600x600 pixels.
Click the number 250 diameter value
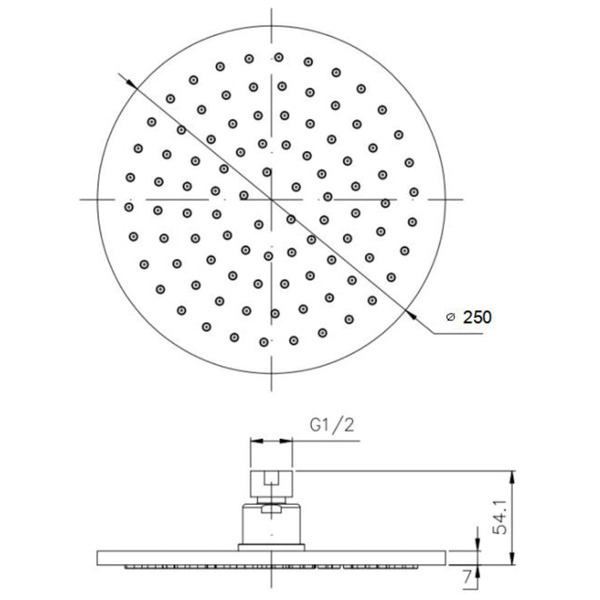(x=477, y=317)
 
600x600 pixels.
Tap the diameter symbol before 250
(x=451, y=317)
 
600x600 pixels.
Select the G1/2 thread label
(x=333, y=425)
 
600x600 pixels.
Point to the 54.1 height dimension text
(x=500, y=517)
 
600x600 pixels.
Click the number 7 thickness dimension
(x=466, y=578)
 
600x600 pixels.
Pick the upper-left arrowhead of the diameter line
(x=131, y=84)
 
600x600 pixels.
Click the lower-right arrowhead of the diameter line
(x=411, y=315)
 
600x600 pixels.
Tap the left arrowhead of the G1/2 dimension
(x=257, y=441)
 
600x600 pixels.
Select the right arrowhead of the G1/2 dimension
(x=285, y=441)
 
